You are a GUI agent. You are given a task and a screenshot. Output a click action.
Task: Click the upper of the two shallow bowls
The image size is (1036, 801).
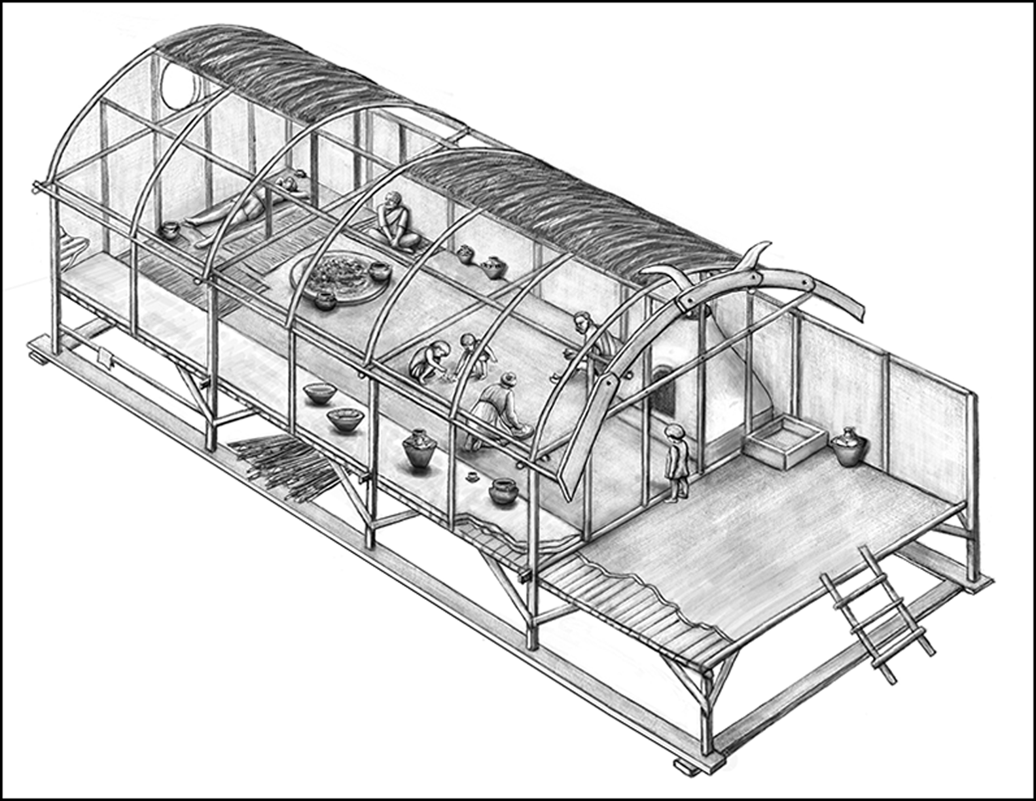tap(320, 394)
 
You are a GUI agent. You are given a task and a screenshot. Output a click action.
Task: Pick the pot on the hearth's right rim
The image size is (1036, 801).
tap(378, 270)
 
